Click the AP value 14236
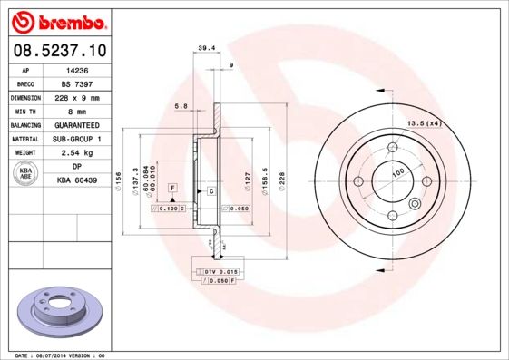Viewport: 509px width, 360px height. tap(76, 69)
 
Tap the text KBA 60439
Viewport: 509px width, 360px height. tap(76, 180)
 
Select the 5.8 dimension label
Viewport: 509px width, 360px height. tap(181, 106)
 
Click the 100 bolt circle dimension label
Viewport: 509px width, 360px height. tap(397, 172)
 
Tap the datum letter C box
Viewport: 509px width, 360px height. tap(210, 191)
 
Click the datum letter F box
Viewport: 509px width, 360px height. tap(170, 187)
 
